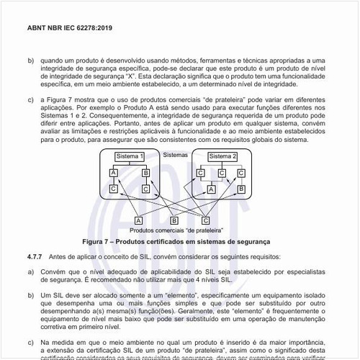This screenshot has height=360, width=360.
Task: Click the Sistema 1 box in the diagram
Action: (x=130, y=158)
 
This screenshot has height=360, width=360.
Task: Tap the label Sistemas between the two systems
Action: (x=176, y=154)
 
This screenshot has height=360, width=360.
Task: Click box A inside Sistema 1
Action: (x=114, y=174)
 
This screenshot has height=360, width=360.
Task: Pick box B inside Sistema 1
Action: (x=146, y=174)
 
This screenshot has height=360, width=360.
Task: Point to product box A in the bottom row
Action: (x=138, y=220)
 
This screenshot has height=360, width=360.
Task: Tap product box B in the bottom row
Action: (x=174, y=220)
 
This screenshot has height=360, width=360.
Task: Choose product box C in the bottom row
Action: (x=206, y=220)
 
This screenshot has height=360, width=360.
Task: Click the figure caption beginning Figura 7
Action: (x=176, y=242)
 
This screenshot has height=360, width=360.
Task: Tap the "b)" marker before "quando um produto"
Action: (x=31, y=61)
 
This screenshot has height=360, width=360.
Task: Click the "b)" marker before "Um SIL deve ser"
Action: (x=31, y=294)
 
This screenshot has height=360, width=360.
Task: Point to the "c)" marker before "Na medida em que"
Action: (x=31, y=343)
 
